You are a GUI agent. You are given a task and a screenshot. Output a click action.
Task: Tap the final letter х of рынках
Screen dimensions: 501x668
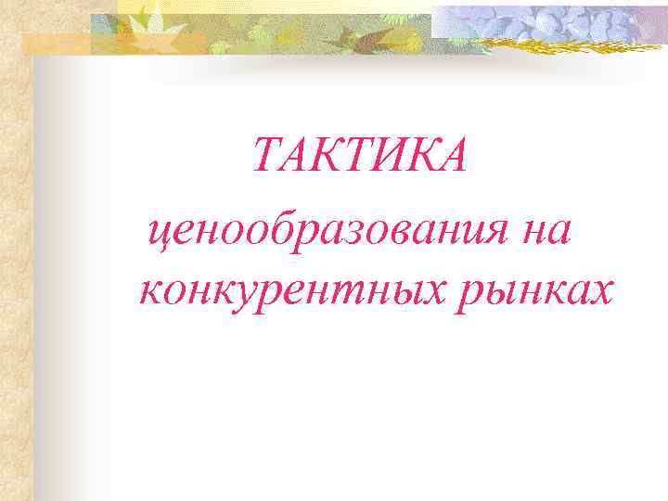[598, 291]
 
